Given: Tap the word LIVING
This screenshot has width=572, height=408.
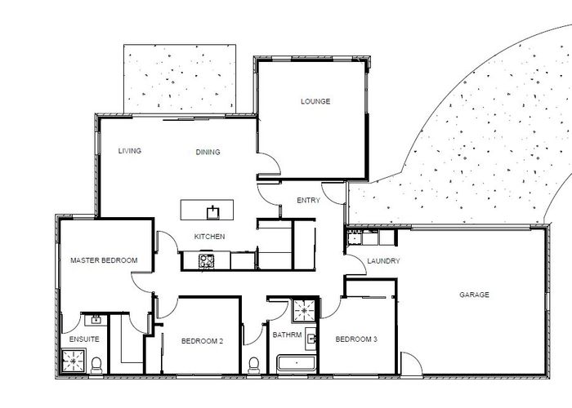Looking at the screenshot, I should click(x=130, y=151).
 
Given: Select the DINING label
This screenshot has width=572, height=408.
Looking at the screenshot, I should click(x=208, y=152).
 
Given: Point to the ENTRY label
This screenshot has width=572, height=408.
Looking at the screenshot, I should click(x=308, y=199).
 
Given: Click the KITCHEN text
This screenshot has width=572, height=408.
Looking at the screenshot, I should click(x=209, y=237).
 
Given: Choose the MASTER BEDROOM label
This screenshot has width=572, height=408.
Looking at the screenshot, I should click(x=104, y=260).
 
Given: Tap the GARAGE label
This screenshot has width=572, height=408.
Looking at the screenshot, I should click(x=474, y=295).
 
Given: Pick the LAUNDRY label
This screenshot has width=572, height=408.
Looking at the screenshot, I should click(x=383, y=261).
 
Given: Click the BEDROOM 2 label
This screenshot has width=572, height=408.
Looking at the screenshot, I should click(x=202, y=341).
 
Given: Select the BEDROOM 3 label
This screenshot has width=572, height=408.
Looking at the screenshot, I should click(x=356, y=339).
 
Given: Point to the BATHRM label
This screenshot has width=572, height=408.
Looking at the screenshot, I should click(x=287, y=335).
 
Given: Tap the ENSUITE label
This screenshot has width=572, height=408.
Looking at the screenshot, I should click(x=84, y=338).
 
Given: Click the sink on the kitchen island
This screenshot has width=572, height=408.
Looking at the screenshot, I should click(x=213, y=211).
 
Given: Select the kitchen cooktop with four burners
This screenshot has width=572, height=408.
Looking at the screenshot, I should click(x=206, y=261).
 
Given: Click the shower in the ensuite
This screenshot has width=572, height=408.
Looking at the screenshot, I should click(x=74, y=360).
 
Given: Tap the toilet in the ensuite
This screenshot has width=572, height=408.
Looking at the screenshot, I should click(x=96, y=364).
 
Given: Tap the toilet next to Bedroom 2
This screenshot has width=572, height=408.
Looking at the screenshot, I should click(x=253, y=363).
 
